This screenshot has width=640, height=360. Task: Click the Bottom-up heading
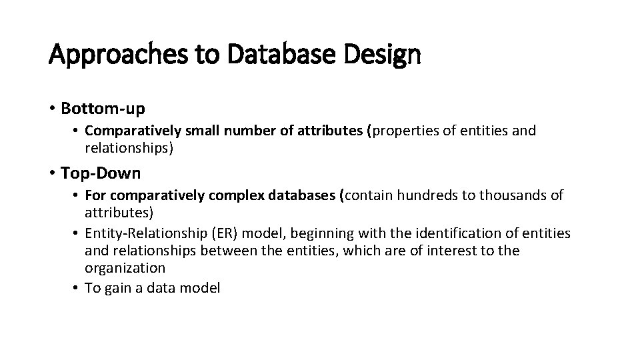[x=103, y=107]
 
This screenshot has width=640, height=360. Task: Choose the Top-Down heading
[x=101, y=173]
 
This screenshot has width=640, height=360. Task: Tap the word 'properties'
[x=406, y=131]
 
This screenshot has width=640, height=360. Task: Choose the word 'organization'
[x=125, y=268]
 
